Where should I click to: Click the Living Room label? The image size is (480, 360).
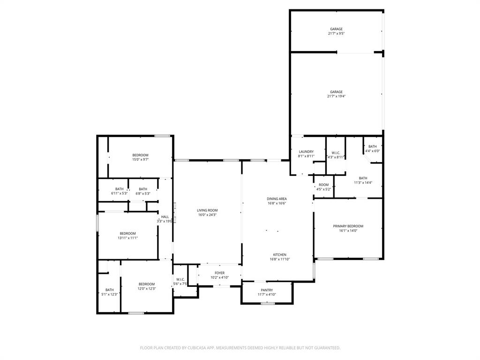click(x=207, y=210)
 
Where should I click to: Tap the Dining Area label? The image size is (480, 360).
click(x=277, y=199)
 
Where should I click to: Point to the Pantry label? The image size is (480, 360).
click(x=267, y=290)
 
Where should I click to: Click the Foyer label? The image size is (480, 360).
click(x=219, y=273)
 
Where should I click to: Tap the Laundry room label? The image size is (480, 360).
click(x=306, y=151)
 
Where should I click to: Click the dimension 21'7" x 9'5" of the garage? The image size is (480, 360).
click(x=336, y=34)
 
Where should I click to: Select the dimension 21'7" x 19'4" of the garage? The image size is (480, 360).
click(x=336, y=97)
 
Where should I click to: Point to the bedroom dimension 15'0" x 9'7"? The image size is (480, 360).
click(x=140, y=160)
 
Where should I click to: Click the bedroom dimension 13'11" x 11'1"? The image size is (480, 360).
click(x=127, y=238)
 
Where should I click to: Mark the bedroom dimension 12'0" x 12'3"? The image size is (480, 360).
click(x=146, y=289)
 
